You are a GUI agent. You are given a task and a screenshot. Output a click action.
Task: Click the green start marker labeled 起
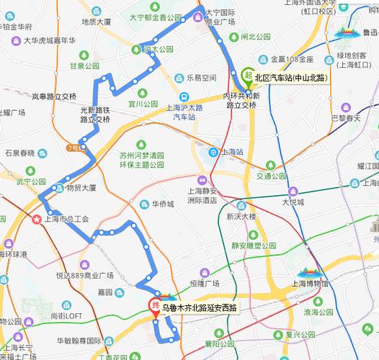click(x=248, y=75)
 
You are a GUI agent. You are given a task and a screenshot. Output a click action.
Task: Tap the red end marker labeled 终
click(x=153, y=305)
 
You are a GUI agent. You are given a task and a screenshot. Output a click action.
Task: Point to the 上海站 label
click(x=231, y=151)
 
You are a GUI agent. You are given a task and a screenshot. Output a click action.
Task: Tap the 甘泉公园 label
click(x=83, y=66)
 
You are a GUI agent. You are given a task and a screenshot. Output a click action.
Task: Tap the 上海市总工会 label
click(x=66, y=218)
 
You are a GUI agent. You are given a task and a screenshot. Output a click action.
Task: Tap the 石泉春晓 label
click(x=19, y=153)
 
